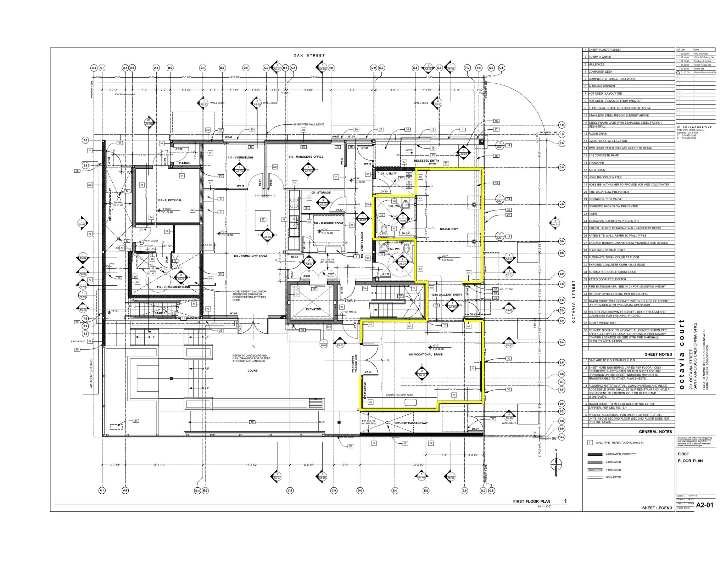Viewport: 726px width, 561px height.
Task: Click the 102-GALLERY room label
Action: (449, 229)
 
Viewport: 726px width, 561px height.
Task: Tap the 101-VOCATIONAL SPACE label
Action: (425, 354)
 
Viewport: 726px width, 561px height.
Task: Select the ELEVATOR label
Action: (313, 309)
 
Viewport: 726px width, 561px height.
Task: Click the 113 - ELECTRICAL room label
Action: (169, 200)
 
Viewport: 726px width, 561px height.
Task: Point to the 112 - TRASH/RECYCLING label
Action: (173, 287)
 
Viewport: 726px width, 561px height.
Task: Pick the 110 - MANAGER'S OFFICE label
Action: (306, 157)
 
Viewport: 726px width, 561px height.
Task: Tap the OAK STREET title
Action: (309, 55)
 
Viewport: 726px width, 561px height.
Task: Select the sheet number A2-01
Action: (704, 505)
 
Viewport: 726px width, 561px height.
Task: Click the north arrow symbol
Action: (556, 463)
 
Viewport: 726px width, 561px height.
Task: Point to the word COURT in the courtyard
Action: (252, 371)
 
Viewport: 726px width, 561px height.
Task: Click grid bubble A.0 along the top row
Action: (94, 67)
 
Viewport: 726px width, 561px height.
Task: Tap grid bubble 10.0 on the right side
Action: (562, 437)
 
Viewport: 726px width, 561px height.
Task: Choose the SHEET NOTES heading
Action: (658, 354)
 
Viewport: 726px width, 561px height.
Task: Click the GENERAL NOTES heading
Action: (655, 432)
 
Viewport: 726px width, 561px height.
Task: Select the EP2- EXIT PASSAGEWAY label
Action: (411, 423)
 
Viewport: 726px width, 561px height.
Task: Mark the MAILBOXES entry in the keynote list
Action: (597, 64)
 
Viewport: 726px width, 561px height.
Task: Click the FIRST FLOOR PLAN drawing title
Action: (531, 501)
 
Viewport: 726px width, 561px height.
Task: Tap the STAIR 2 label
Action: (350, 301)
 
